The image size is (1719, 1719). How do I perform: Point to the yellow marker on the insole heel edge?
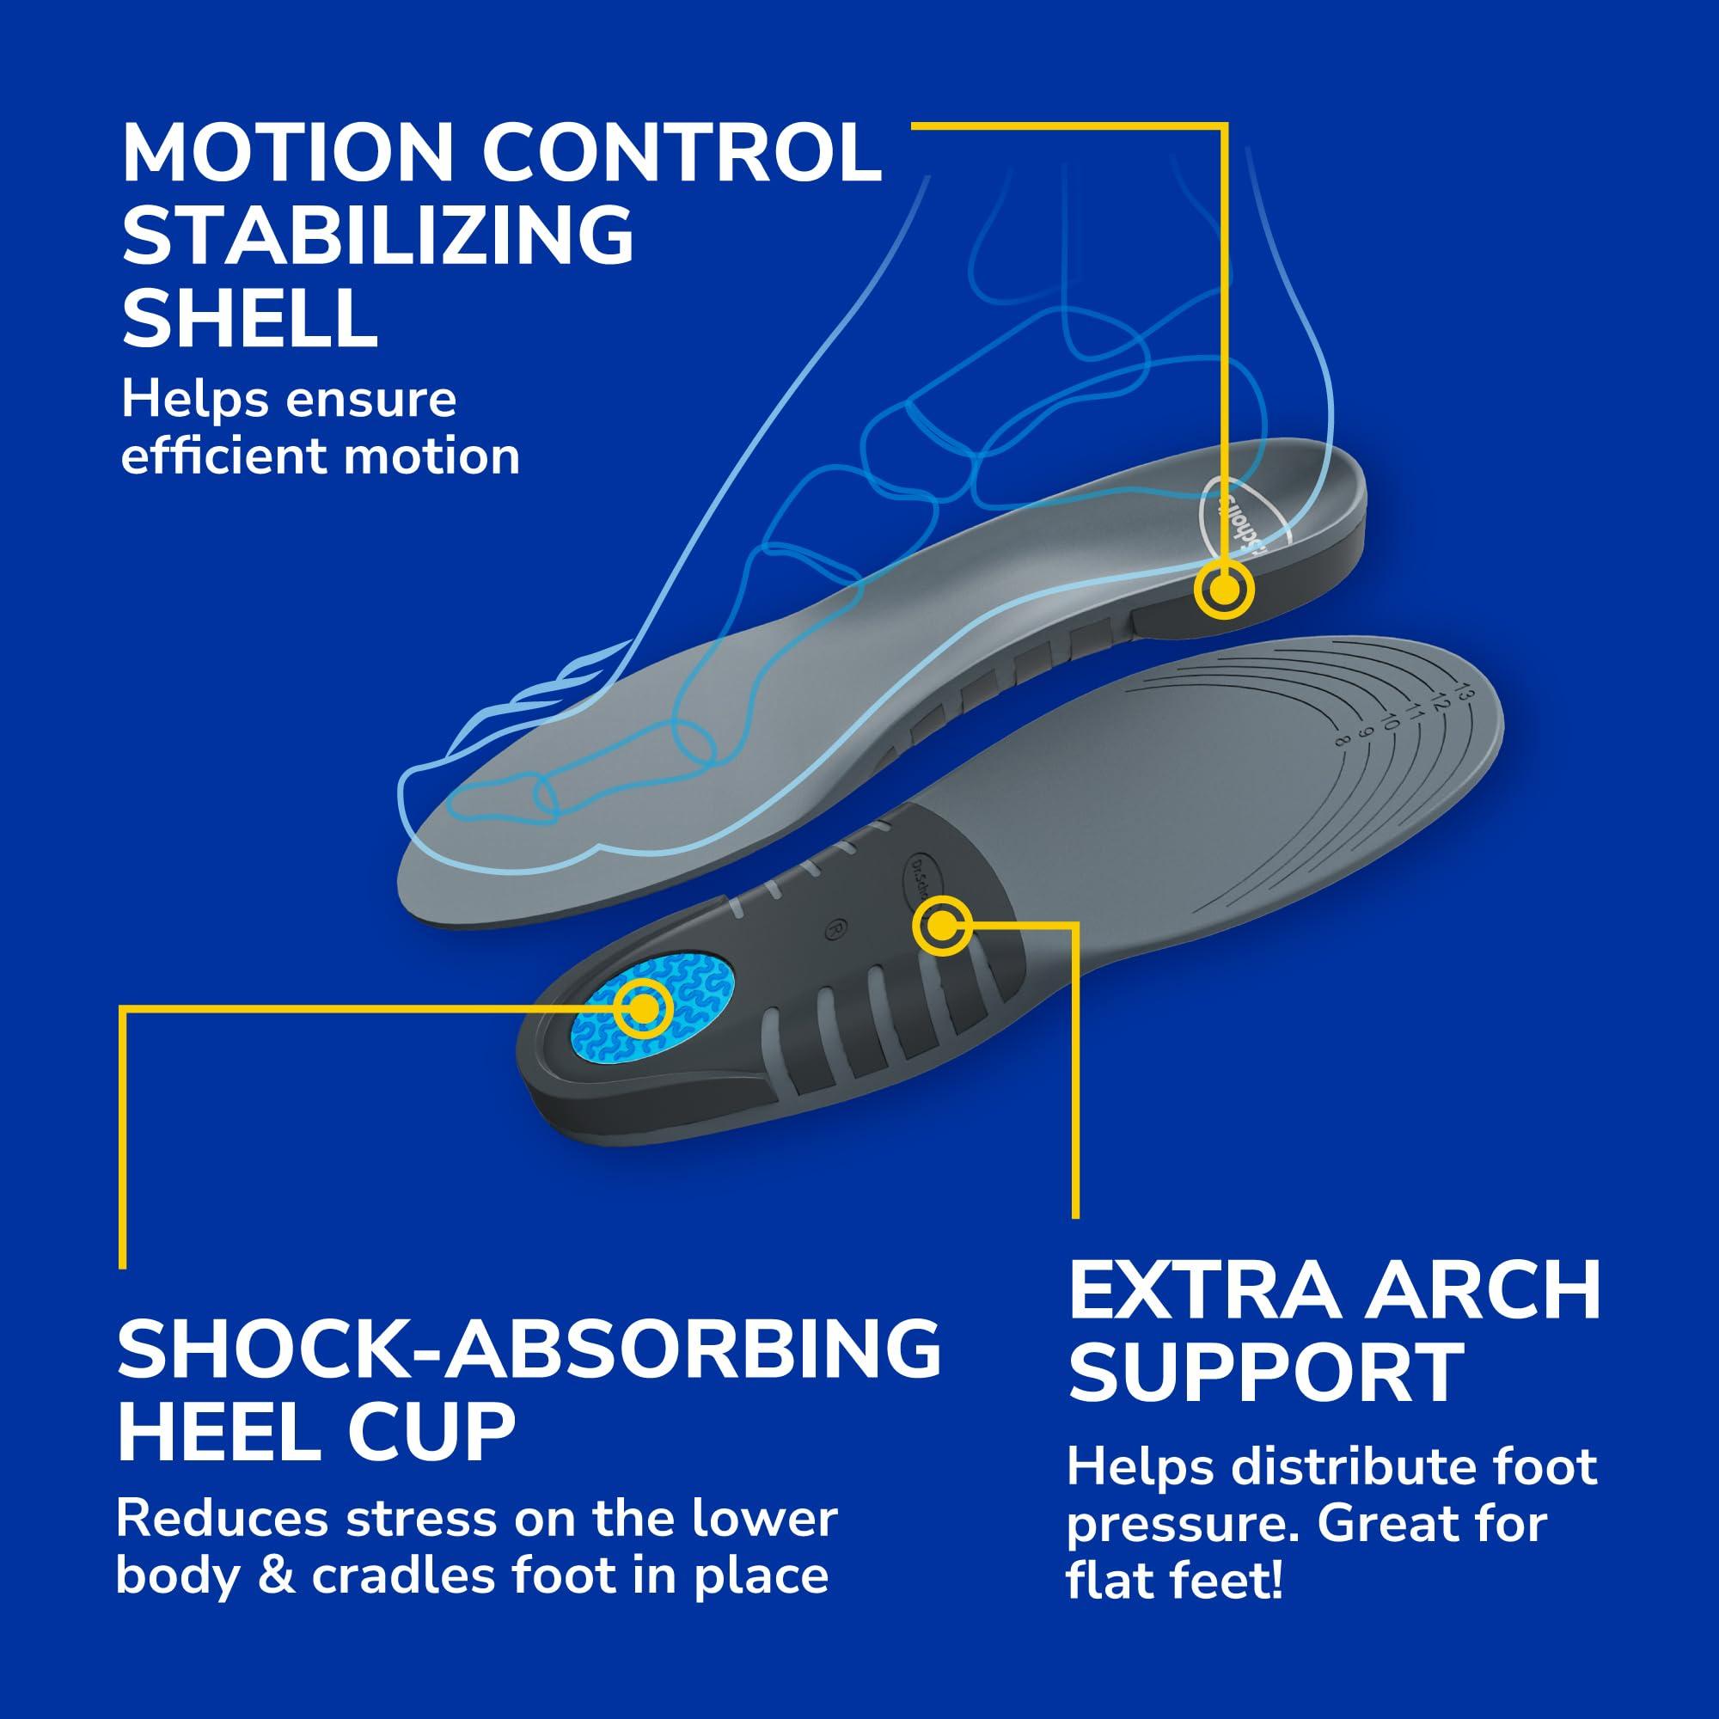(1223, 589)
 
